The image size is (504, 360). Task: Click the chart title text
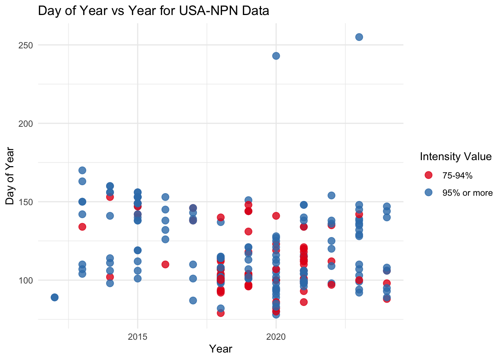point(153,11)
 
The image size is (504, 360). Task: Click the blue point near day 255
point(359,37)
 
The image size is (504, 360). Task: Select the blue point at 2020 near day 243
point(276,56)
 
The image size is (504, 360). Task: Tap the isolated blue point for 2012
point(54,297)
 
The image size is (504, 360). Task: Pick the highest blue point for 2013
point(82,170)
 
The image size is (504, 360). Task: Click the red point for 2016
point(165,264)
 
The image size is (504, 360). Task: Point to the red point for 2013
point(82,226)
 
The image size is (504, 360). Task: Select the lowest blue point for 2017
point(193,300)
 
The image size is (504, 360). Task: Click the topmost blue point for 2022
point(331,195)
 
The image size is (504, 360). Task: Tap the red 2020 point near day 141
point(276,216)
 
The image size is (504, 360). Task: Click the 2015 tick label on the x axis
point(138,337)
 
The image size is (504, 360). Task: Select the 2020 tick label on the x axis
point(276,337)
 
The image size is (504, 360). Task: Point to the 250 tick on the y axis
point(26,45)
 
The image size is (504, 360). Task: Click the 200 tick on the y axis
point(26,123)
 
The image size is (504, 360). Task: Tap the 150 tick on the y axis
point(26,202)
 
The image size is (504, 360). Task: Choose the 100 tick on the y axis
point(26,280)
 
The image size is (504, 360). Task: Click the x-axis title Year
point(220,349)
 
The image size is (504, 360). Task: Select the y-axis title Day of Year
point(10,176)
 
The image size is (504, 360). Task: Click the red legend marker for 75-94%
point(428,175)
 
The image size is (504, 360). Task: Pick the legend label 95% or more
point(467,193)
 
